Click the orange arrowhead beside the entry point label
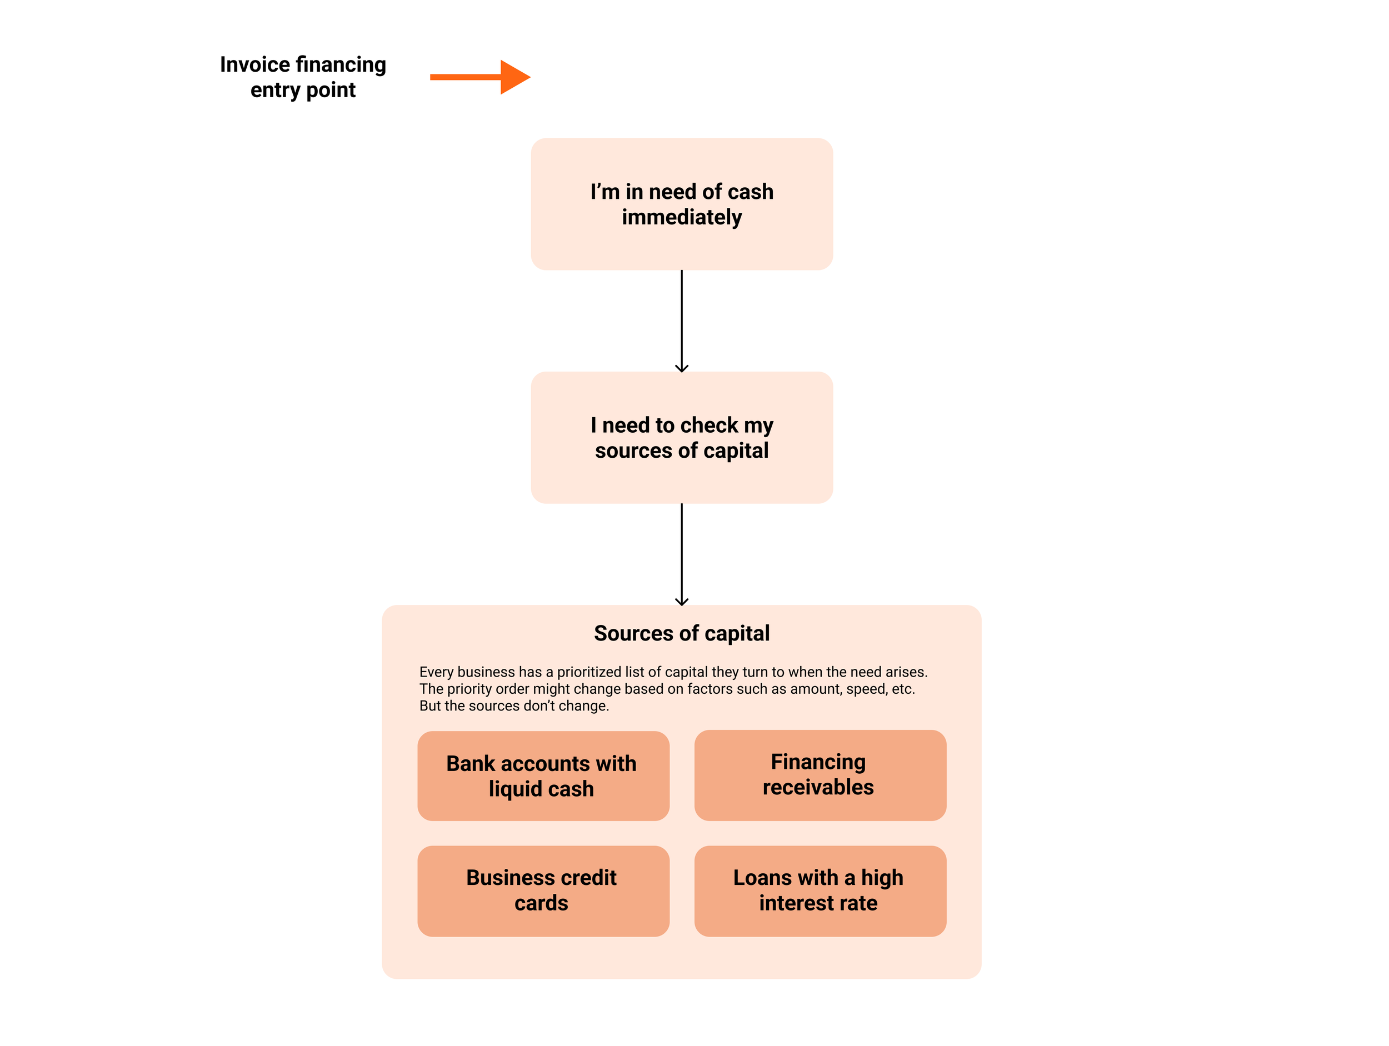(x=514, y=77)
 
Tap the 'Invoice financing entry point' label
(x=303, y=77)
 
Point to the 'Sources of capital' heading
(x=681, y=633)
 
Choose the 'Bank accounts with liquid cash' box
(x=543, y=776)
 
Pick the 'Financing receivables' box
(x=820, y=775)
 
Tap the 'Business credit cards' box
(x=543, y=890)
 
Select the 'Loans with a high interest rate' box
(x=820, y=890)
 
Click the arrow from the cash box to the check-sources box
(x=681, y=320)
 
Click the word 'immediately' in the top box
(x=681, y=217)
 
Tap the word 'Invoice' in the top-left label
(x=255, y=64)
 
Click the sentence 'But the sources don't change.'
(x=514, y=705)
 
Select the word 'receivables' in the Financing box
(x=818, y=787)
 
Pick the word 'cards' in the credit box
(x=541, y=903)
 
